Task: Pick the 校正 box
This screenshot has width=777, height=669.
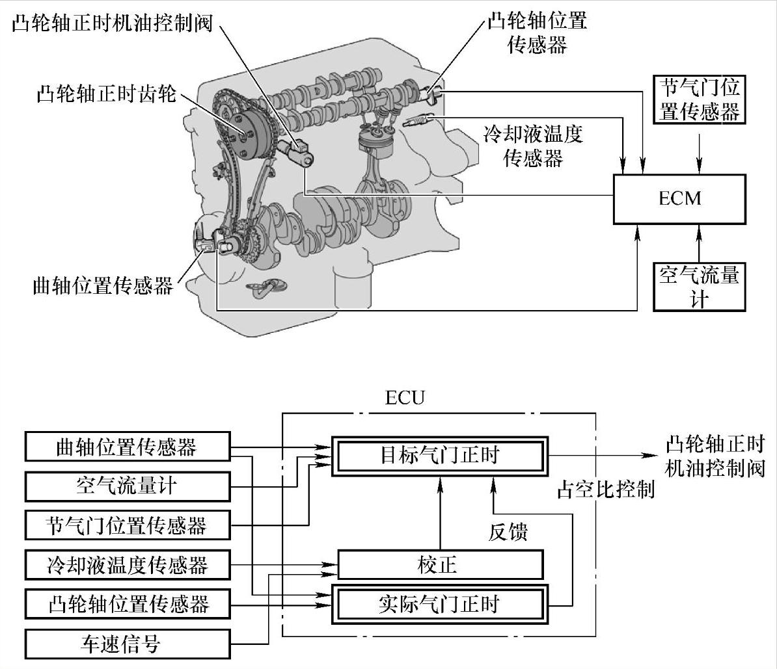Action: click(439, 564)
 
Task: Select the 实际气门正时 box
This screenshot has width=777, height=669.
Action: click(439, 604)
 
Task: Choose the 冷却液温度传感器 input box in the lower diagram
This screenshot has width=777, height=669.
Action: click(127, 564)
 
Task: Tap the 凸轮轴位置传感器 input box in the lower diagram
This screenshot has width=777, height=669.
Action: click(127, 604)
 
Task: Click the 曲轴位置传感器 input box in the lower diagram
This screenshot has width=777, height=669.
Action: click(127, 447)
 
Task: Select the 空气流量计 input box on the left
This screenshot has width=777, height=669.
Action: click(127, 485)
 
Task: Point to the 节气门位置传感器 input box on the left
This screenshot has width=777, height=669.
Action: click(127, 525)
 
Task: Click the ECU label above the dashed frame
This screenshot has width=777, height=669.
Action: click(404, 397)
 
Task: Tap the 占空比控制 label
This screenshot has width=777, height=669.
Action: click(605, 490)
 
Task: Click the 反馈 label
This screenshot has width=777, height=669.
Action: click(508, 532)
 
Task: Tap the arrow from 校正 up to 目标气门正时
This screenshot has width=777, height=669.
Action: click(440, 514)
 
